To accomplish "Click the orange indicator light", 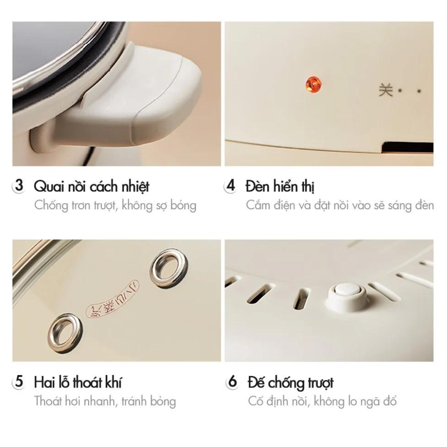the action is pyautogui.click(x=313, y=84).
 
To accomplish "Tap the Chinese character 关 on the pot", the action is pyautogui.click(x=386, y=90).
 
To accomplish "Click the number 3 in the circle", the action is pyautogui.click(x=19, y=186).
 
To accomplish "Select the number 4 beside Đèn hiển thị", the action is pyautogui.click(x=231, y=186).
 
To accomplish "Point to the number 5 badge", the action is pyautogui.click(x=19, y=381).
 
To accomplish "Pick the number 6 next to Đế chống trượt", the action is pyautogui.click(x=232, y=381).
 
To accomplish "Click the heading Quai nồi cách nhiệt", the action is pyautogui.click(x=92, y=187).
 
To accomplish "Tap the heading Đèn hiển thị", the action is pyautogui.click(x=280, y=186).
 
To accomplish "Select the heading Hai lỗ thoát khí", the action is pyautogui.click(x=77, y=382).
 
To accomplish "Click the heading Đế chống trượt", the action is pyautogui.click(x=291, y=383).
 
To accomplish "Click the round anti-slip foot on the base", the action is pyautogui.click(x=348, y=296).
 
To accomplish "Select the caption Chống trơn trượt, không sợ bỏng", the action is pyautogui.click(x=115, y=206).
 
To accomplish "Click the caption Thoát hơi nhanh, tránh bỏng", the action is pyautogui.click(x=105, y=401).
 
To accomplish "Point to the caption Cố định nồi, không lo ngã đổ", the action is pyautogui.click(x=322, y=401).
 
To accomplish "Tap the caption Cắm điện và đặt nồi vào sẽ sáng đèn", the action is pyautogui.click(x=340, y=205).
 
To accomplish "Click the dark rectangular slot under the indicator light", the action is pyautogui.click(x=408, y=148).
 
